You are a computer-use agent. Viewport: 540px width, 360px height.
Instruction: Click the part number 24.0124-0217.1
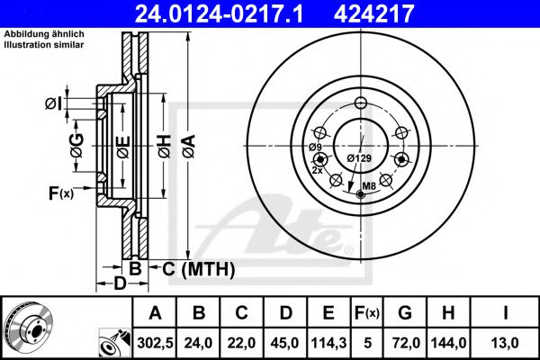tap(220, 13)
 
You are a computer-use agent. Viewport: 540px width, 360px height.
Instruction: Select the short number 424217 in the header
tap(373, 13)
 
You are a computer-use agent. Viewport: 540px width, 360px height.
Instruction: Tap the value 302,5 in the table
tap(155, 343)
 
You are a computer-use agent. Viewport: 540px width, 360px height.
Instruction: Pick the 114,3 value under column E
tap(328, 343)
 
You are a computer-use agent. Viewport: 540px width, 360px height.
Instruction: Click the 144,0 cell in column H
tap(448, 343)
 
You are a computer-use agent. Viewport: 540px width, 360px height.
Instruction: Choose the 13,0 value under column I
tap(505, 343)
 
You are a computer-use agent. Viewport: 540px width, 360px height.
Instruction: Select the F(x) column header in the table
tap(367, 313)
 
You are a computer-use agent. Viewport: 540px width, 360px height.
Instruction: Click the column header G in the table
tap(405, 313)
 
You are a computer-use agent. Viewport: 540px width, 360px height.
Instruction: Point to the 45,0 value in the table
tap(284, 343)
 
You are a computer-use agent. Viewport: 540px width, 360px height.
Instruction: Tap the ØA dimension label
tap(189, 146)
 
